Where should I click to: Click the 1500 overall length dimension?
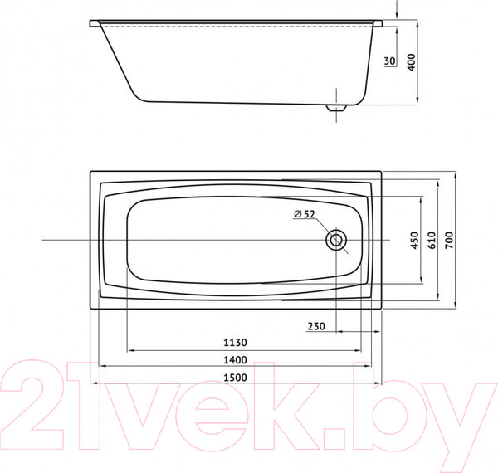click(x=236, y=378)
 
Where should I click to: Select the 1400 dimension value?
click(x=236, y=359)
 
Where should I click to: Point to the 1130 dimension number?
click(x=236, y=342)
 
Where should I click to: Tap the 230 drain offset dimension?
click(x=316, y=326)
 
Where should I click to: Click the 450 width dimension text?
click(x=414, y=241)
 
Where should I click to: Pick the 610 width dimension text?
click(x=431, y=241)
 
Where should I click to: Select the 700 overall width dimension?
click(x=449, y=241)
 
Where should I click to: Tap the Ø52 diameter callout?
click(x=304, y=215)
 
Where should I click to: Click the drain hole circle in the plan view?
click(x=336, y=241)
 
